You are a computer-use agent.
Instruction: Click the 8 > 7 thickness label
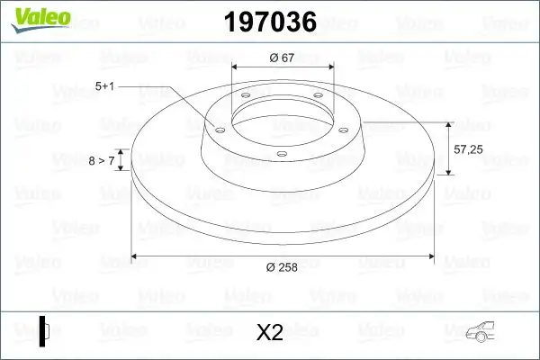101,160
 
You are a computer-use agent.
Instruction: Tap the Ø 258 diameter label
283,265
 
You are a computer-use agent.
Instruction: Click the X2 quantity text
270,333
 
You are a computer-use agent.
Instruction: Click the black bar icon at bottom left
42,331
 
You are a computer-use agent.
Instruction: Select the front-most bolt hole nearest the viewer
281,154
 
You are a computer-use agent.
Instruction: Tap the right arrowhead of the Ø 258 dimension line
428,256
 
